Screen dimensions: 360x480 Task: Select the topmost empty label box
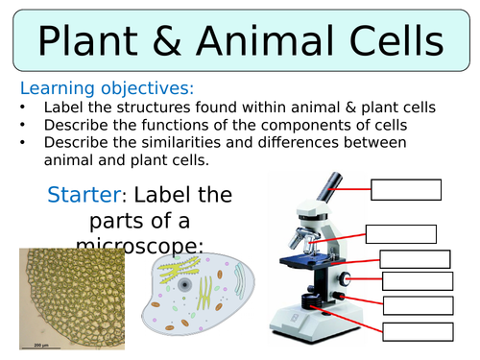pyautogui.click(x=405, y=189)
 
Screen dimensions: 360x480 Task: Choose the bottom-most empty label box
pyautogui.click(x=418, y=331)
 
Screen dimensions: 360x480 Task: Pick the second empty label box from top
pyautogui.click(x=400, y=233)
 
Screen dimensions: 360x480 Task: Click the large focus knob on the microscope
pyautogui.click(x=344, y=279)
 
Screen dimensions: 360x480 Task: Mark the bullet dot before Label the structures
pyautogui.click(x=22, y=108)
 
